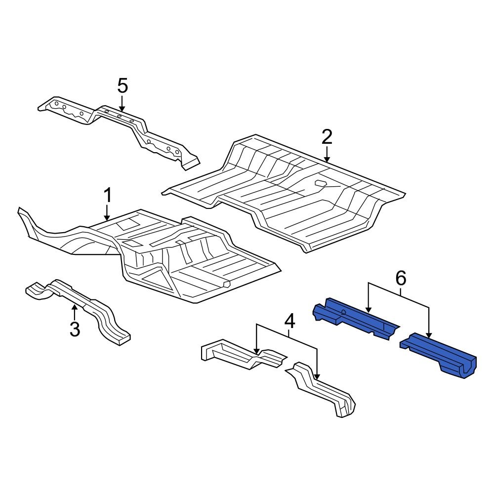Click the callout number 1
point(107,196)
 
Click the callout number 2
point(327,137)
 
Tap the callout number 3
point(75,329)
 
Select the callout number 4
point(289,322)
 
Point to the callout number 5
point(123,86)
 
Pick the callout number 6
point(400,279)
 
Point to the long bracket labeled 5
point(119,123)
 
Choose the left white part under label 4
point(237,353)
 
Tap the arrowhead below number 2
point(327,159)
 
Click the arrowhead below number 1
point(107,217)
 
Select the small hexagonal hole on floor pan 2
point(321,184)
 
